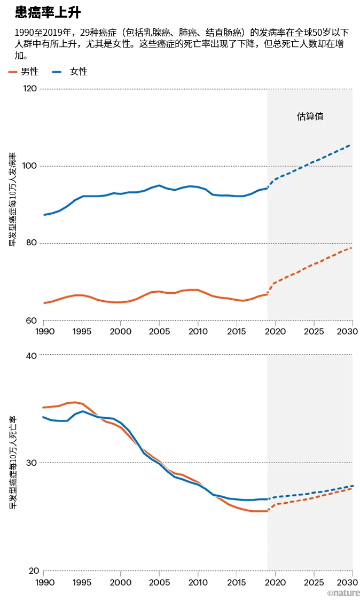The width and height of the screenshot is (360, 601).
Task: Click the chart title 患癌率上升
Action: [48, 13]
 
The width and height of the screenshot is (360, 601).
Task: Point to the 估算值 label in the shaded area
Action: [310, 116]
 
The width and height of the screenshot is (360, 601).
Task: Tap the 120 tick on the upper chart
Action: [31, 89]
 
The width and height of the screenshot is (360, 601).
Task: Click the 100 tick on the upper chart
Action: [31, 166]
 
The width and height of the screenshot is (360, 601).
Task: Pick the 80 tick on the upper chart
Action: [33, 243]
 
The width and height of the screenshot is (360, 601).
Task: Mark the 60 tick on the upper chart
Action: [33, 321]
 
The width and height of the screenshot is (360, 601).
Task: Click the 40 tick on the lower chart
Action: [33, 355]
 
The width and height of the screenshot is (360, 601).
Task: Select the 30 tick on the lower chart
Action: [33, 463]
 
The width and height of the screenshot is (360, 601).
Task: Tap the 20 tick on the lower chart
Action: [33, 571]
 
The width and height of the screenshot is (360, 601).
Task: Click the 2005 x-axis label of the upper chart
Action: [159, 331]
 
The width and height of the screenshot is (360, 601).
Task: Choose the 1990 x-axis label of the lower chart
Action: [43, 581]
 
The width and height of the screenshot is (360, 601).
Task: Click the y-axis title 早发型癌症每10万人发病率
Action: [12, 199]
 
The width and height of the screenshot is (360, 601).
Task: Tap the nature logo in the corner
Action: [343, 593]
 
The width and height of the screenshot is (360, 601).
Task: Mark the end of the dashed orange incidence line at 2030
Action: [351, 248]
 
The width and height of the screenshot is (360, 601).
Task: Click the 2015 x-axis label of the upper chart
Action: [236, 331]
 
